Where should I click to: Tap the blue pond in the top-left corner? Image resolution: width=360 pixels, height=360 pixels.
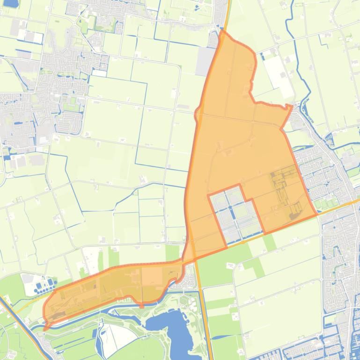point(10,3)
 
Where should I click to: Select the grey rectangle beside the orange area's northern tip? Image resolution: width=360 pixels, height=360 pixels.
point(205,61)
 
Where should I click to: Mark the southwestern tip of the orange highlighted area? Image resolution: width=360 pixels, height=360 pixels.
point(45,329)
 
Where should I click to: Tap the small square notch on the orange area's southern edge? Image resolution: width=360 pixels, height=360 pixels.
point(142,306)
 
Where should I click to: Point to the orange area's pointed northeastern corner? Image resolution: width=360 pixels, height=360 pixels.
point(291,107)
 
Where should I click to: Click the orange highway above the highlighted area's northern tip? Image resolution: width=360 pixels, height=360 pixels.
point(227,14)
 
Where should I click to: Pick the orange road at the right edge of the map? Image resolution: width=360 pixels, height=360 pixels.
point(353,202)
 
